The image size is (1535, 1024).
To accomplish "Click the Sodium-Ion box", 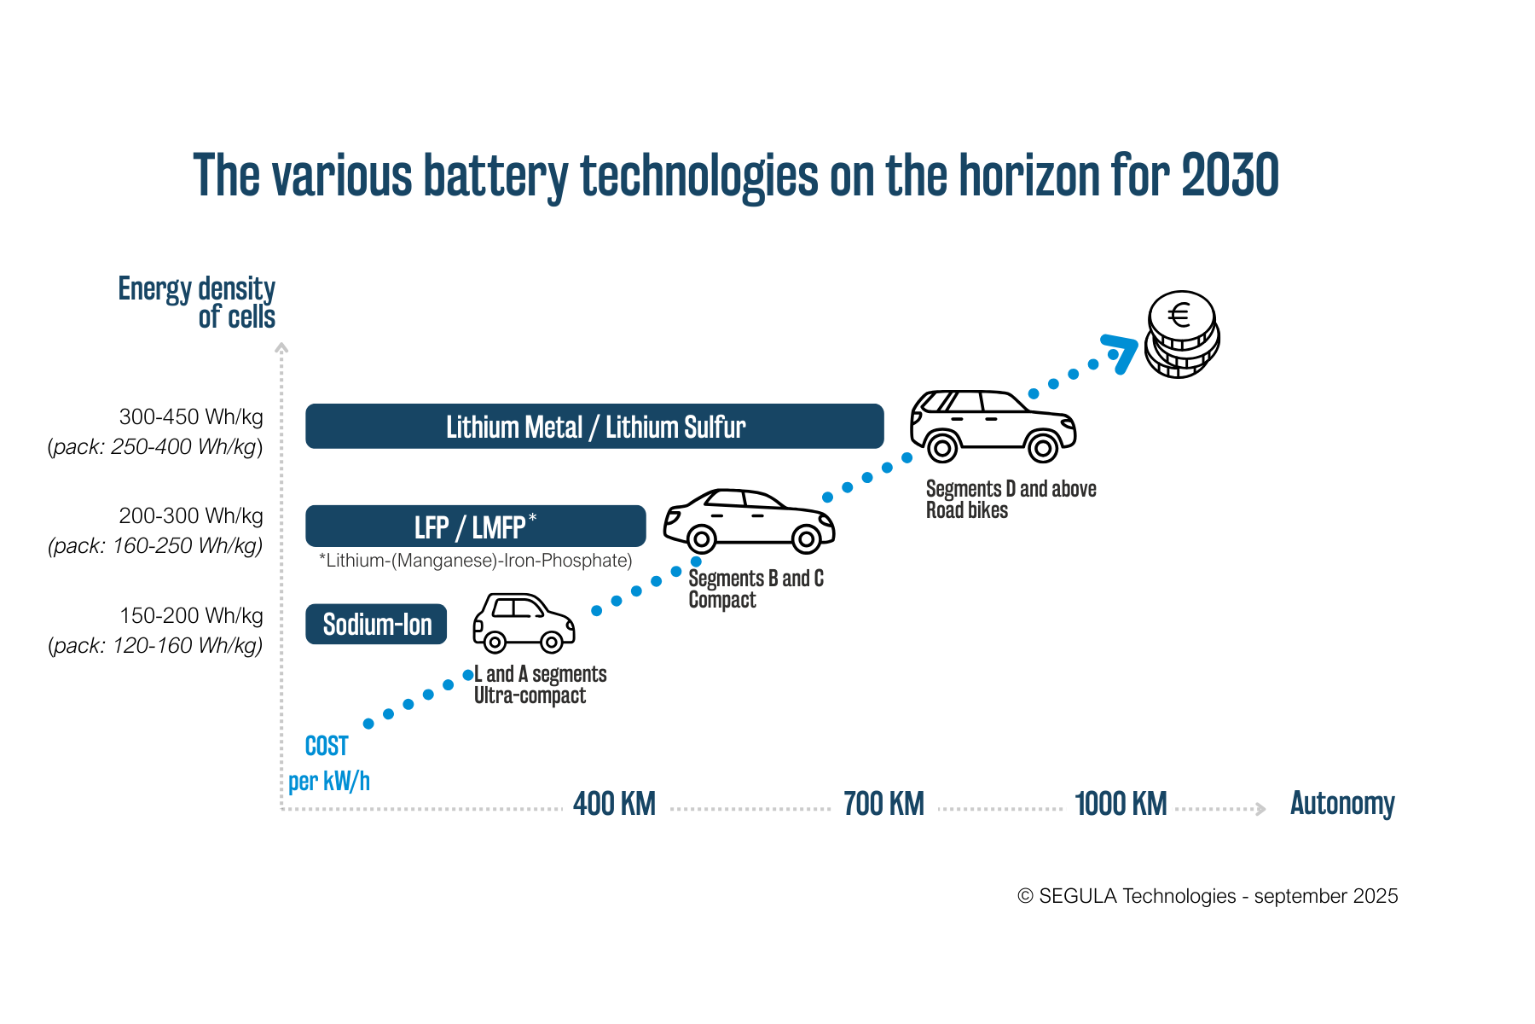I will [x=376, y=625].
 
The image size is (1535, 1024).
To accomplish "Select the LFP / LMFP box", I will [x=475, y=527].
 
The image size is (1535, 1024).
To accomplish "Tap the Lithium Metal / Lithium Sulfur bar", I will [x=594, y=427].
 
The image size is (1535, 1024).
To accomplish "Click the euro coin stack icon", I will [x=1181, y=335].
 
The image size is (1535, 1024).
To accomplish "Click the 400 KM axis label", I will [x=614, y=804].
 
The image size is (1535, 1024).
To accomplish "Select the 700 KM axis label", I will [x=883, y=804].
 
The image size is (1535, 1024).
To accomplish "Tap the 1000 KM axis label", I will [x=1121, y=804].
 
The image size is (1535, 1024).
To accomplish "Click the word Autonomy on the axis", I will [x=1342, y=804].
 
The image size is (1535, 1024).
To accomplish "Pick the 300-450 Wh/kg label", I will [x=191, y=417].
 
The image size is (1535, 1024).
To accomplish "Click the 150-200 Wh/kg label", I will [x=191, y=616].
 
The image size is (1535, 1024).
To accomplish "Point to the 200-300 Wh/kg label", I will [x=191, y=516].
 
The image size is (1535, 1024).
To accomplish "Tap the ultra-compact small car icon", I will [x=523, y=623].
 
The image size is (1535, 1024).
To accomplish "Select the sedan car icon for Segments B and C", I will [x=749, y=520].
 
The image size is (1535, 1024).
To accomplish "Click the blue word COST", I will [x=327, y=747].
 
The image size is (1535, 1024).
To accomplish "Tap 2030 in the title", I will [x=1230, y=175].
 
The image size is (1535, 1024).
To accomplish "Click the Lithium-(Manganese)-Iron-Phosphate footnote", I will [x=475, y=561].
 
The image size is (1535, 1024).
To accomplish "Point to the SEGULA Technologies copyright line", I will [x=1208, y=896].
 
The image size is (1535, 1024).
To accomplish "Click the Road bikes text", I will [x=967, y=510].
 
